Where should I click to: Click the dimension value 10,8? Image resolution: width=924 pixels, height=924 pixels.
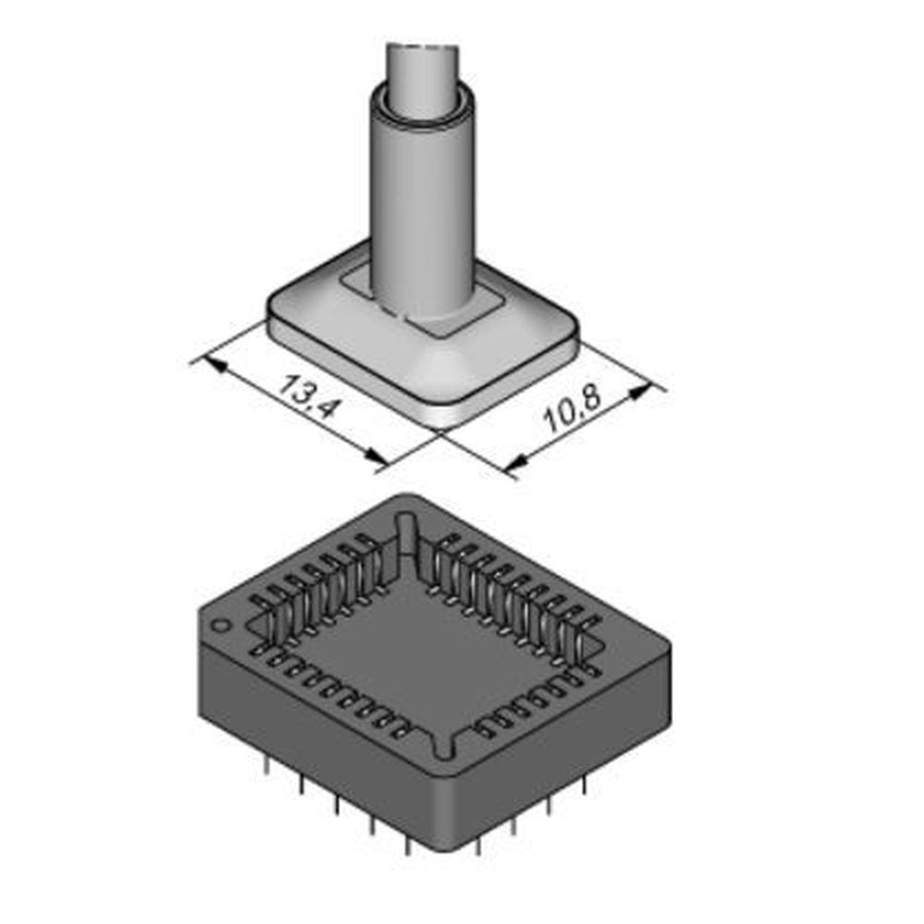[573, 412]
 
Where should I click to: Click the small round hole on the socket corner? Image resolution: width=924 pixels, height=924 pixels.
[221, 626]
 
